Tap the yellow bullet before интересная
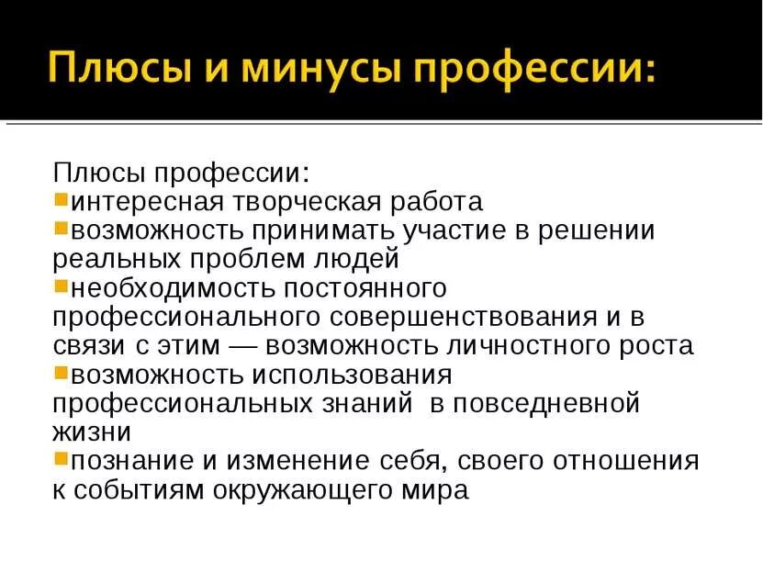point(61,199)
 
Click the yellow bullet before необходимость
point(61,286)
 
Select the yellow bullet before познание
point(61,458)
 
